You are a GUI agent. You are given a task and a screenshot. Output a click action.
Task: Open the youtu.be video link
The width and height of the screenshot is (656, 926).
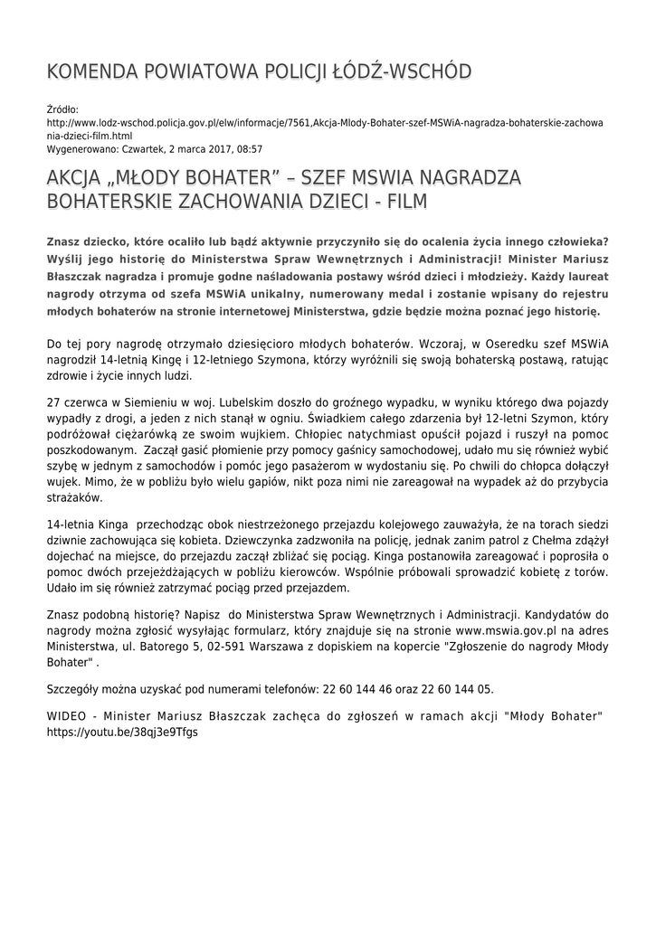coord(122,732)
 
